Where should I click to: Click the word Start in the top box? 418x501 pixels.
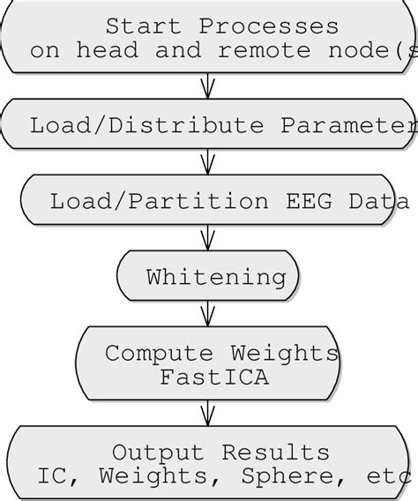(145, 26)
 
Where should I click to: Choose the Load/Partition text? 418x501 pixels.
(159, 201)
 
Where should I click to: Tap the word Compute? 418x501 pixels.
(162, 354)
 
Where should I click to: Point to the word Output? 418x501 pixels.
(159, 452)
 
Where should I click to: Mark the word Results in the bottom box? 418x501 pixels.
(275, 452)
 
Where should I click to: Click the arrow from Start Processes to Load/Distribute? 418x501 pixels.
(208, 86)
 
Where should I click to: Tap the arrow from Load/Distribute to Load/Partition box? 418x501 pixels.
(208, 161)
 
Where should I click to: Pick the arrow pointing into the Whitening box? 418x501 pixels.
(208, 237)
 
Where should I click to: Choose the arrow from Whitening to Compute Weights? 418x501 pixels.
(208, 313)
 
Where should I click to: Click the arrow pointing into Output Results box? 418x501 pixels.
(208, 413)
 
